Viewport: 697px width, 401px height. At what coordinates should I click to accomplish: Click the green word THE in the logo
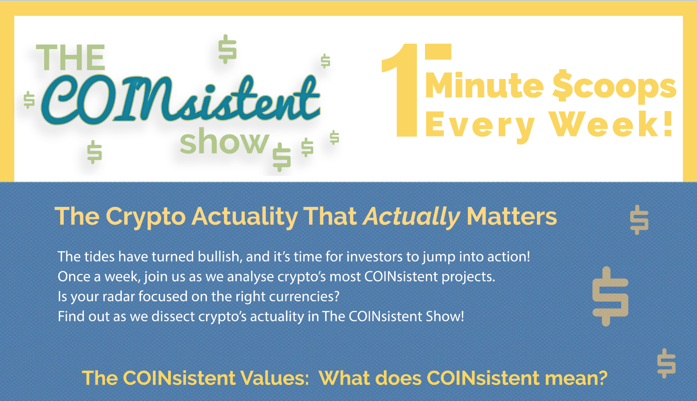(x=70, y=58)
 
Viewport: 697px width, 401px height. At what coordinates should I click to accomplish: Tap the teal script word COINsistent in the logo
(x=181, y=99)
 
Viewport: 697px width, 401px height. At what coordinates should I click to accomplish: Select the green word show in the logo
(x=224, y=141)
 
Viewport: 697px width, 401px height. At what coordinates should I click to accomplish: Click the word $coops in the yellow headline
(x=615, y=87)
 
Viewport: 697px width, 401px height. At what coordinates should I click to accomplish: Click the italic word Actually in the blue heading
(x=411, y=217)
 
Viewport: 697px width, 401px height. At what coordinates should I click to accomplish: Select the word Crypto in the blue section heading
(x=146, y=217)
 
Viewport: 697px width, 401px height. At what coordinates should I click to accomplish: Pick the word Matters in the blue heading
(x=511, y=216)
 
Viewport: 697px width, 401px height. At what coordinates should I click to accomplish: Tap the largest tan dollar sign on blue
(x=610, y=296)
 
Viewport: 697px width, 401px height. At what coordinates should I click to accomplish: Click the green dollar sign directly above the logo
(x=227, y=49)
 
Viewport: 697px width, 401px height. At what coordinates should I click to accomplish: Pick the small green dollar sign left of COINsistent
(x=29, y=100)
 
